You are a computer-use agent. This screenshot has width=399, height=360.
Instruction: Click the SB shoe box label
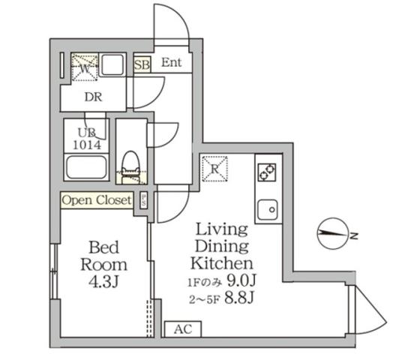pyautogui.click(x=142, y=64)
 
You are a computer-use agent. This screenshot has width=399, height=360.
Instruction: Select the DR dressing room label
pyautogui.click(x=93, y=97)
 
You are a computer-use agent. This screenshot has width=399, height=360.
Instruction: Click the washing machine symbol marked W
pyautogui.click(x=84, y=67)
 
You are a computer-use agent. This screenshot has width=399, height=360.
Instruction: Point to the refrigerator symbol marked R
pyautogui.click(x=214, y=168)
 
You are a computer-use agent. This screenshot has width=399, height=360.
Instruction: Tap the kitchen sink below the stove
pyautogui.click(x=268, y=208)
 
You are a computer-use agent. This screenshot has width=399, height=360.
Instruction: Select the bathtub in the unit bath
pyautogui.click(x=86, y=166)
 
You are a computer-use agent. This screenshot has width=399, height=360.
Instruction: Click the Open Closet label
pyautogui.click(x=97, y=200)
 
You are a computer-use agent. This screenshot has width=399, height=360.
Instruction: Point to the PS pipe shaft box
pyautogui.click(x=142, y=201)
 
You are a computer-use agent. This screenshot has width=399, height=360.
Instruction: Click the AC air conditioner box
pyautogui.click(x=181, y=329)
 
